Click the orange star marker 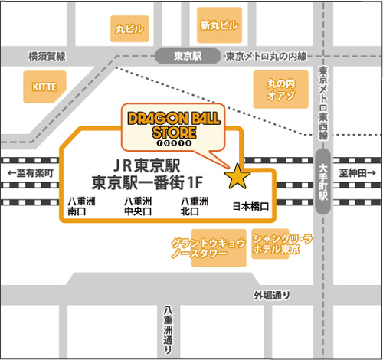pyautogui.click(x=237, y=177)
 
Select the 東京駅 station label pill pyautogui.click(x=187, y=55)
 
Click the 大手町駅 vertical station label pyautogui.click(x=323, y=182)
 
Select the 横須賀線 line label pyautogui.click(x=47, y=56)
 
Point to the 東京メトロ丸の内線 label pyautogui.click(x=265, y=57)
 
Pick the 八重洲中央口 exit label pyautogui.click(x=139, y=206)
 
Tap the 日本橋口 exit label pyautogui.click(x=250, y=206)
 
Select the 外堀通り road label pyautogui.click(x=273, y=296)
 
